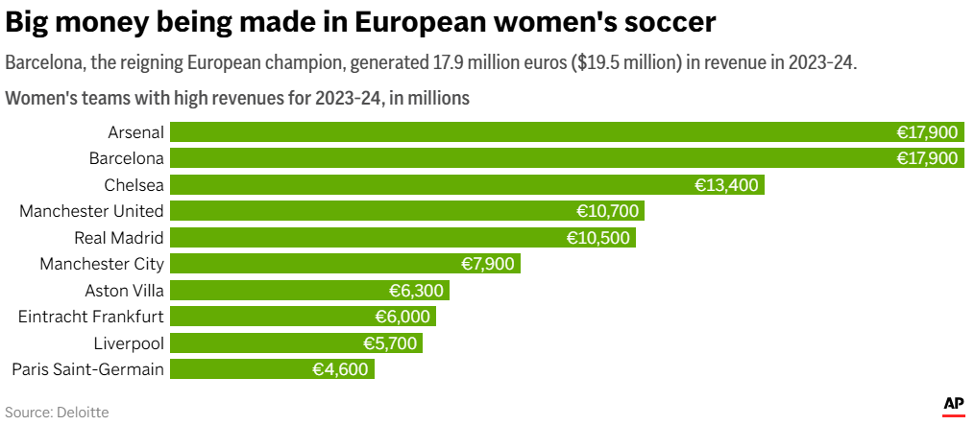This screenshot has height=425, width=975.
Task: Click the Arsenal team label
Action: click(x=135, y=132)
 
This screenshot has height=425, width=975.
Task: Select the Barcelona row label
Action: click(x=126, y=158)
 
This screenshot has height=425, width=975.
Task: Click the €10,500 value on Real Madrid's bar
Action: click(x=598, y=238)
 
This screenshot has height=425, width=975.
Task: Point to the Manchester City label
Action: click(x=102, y=264)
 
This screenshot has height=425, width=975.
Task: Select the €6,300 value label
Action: click(x=417, y=291)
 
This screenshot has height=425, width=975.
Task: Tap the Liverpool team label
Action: click(x=129, y=343)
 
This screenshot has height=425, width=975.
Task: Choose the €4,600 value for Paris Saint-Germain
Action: click(x=340, y=369)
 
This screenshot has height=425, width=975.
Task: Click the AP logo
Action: click(x=953, y=405)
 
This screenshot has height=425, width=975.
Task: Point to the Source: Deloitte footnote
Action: click(x=57, y=413)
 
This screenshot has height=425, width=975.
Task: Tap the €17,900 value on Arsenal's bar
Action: click(x=928, y=132)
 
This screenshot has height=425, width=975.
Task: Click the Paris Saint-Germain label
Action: click(x=87, y=369)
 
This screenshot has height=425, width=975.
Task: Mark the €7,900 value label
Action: click(x=487, y=264)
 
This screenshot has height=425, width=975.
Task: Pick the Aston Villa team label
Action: click(x=124, y=291)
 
